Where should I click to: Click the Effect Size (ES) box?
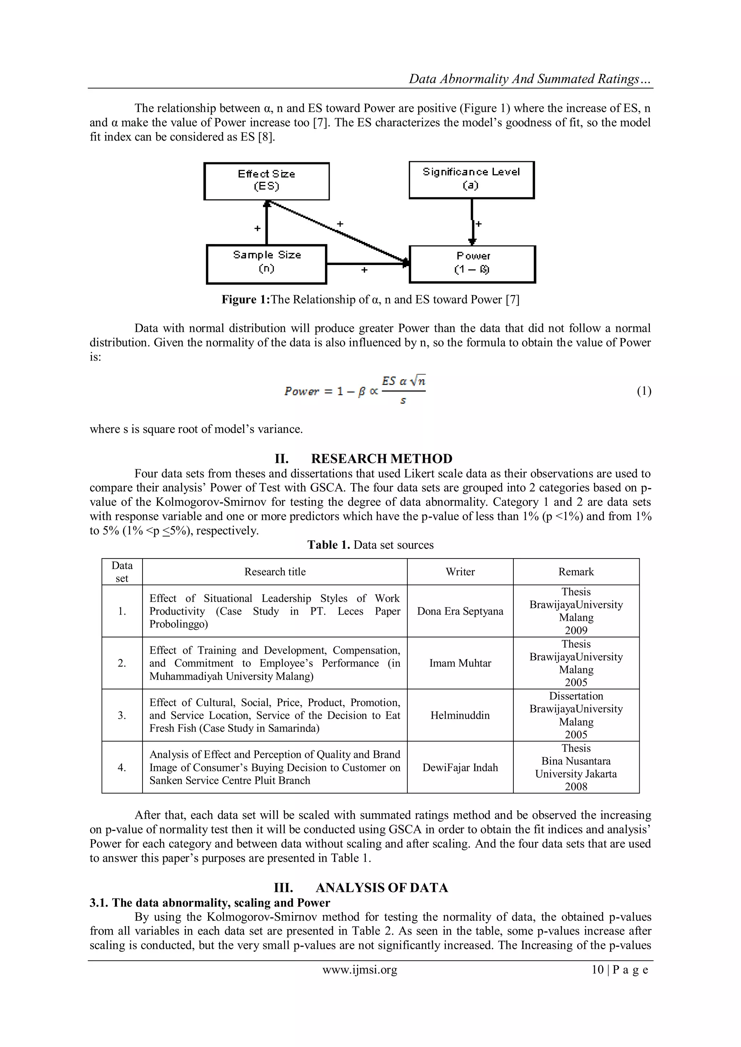pyautogui.click(x=266, y=181)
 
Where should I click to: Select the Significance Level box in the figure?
pyautogui.click(x=471, y=180)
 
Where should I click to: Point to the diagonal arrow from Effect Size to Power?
pyautogui.click(x=338, y=232)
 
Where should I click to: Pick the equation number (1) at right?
pyautogui.click(x=644, y=391)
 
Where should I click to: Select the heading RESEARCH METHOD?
pyautogui.click(x=381, y=458)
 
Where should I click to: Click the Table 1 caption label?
pyautogui.click(x=329, y=545)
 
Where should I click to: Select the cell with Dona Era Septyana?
pyautogui.click(x=460, y=611)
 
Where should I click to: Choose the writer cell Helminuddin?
pyautogui.click(x=460, y=715)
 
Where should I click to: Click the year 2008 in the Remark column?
pyautogui.click(x=576, y=786)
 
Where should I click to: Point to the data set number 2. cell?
pyautogui.click(x=122, y=663)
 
